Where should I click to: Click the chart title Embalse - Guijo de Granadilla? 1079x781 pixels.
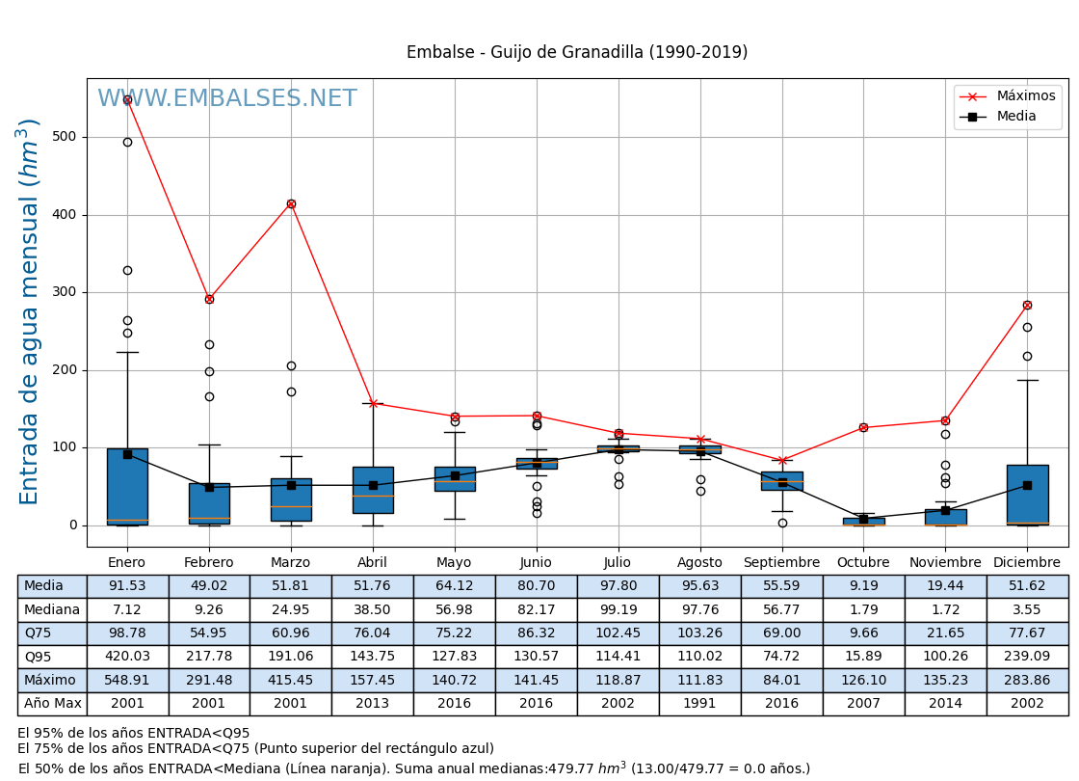(x=576, y=53)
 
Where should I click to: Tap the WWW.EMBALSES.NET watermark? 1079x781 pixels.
(x=226, y=99)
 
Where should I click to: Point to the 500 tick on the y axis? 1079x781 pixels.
(x=66, y=137)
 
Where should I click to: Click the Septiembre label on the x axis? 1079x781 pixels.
(x=781, y=563)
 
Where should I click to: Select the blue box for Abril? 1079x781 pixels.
(x=373, y=490)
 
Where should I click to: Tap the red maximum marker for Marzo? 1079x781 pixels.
(x=291, y=203)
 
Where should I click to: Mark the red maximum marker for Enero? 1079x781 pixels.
(x=127, y=99)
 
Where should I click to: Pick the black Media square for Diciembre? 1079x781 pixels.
(x=1027, y=485)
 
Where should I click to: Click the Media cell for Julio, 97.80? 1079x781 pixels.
(x=618, y=586)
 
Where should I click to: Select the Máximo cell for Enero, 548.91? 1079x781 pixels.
(x=127, y=680)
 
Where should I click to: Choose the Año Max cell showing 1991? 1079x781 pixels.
(x=699, y=704)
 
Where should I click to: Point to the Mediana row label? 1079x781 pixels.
(x=52, y=609)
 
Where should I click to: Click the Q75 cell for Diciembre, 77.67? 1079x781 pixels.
(x=1027, y=633)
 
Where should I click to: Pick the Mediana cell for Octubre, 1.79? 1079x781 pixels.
(x=863, y=609)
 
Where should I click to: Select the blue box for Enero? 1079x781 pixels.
(x=127, y=487)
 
